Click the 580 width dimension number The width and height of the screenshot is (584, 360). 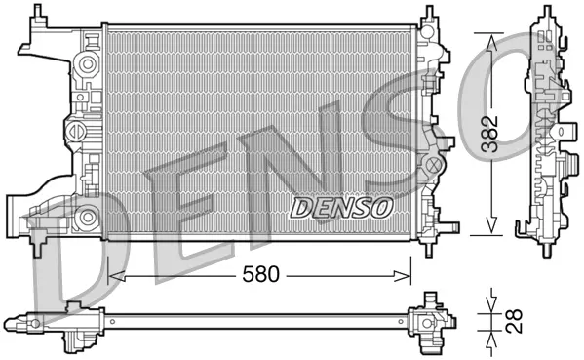point(262,275)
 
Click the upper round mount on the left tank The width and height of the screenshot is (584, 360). point(87,64)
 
